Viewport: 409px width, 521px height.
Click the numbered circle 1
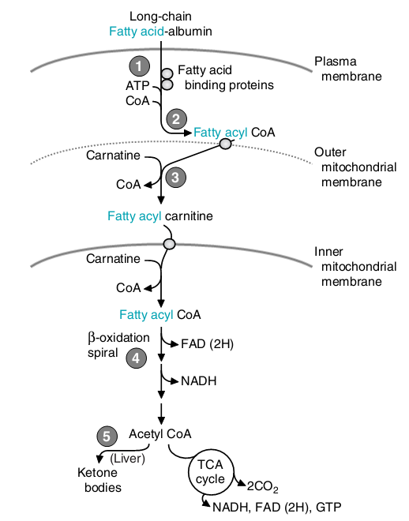[x=139, y=66]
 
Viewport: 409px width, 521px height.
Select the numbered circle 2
[x=176, y=119]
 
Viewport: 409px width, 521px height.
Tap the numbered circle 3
[x=175, y=177]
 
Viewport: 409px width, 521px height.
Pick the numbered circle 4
[x=137, y=358]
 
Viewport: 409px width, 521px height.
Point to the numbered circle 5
[x=107, y=437]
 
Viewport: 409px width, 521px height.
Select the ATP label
[x=137, y=86]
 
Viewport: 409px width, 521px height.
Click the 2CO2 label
[x=262, y=486]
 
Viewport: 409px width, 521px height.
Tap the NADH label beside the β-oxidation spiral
[x=199, y=380]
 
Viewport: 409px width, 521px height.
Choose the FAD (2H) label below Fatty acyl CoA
[x=208, y=344]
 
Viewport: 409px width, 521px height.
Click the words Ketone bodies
[x=98, y=480]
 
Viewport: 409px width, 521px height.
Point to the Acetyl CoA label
[x=160, y=434]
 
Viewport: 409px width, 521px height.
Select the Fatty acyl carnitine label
[x=160, y=216]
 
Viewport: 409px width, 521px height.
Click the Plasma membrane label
[x=348, y=69]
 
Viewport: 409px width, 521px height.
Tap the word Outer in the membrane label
[x=330, y=152]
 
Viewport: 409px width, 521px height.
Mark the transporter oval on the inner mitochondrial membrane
[x=170, y=244]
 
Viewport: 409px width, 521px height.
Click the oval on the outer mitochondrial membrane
[x=226, y=144]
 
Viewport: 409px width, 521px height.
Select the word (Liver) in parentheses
[x=128, y=459]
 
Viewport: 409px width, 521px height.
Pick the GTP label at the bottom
[x=328, y=508]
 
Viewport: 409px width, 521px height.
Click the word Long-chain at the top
[x=160, y=17]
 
